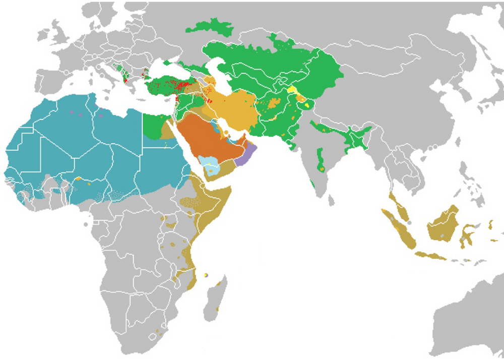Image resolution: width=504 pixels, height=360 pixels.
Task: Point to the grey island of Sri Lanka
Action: pos(331,201)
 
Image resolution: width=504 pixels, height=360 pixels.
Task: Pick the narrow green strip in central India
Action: pos(320,159)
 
